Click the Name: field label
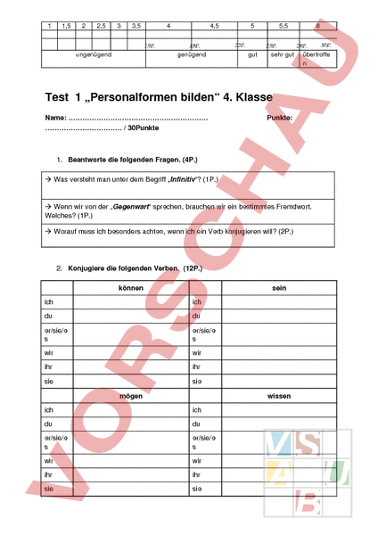click(55, 119)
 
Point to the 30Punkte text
click(143, 129)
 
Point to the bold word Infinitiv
click(177, 179)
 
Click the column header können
click(131, 289)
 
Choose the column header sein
click(278, 289)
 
